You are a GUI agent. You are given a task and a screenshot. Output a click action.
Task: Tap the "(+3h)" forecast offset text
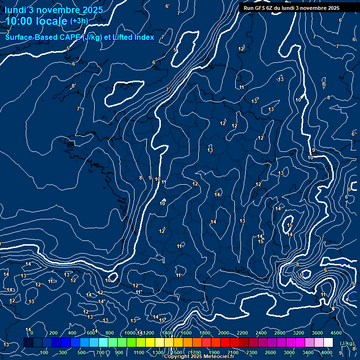(78, 21)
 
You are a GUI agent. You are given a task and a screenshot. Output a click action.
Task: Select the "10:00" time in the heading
(19, 21)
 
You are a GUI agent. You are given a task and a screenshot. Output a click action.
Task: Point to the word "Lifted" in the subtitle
(123, 37)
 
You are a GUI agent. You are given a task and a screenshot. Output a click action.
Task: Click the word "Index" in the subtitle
(144, 37)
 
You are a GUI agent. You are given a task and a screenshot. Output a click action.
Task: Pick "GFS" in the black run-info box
(259, 8)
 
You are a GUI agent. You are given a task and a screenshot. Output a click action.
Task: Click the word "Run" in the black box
(248, 8)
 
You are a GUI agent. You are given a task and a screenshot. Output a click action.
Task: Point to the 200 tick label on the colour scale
(53, 333)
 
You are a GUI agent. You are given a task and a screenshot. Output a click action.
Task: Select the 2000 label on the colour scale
(224, 333)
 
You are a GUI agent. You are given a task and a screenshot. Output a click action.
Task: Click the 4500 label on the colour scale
(336, 333)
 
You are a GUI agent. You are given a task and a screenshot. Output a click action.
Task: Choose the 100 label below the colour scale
(44, 352)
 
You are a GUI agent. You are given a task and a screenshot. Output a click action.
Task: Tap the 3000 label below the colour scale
(289, 352)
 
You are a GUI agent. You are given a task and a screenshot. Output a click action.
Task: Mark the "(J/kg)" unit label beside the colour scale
(347, 344)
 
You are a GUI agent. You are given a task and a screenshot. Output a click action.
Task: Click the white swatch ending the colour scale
(328, 343)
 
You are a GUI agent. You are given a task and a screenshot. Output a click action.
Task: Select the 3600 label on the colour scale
(317, 333)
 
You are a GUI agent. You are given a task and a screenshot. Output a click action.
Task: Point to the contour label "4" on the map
(347, 299)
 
